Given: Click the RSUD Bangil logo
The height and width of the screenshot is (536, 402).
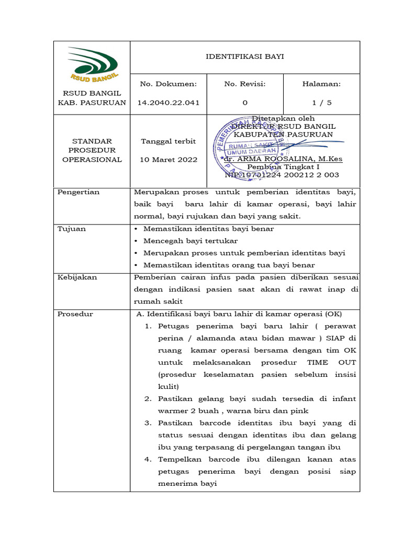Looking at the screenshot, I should [92, 64].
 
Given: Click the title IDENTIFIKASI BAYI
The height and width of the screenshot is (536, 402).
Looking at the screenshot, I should [244, 57].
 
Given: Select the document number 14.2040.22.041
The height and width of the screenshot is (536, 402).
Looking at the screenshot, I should [168, 103].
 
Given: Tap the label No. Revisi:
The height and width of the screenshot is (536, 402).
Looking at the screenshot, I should [244, 84].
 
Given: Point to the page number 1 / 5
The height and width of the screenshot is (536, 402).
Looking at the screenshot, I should [321, 103].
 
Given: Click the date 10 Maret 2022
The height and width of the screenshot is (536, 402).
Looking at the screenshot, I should [168, 160].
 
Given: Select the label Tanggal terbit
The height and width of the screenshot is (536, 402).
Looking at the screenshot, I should [168, 141].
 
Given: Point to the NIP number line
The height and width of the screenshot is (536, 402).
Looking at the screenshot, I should [282, 175].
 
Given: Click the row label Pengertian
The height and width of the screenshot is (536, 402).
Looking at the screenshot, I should [79, 192].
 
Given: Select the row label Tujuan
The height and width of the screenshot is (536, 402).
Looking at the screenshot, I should [72, 229].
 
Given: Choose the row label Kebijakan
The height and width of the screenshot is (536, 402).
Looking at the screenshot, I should [77, 277].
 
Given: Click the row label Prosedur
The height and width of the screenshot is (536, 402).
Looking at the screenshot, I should [75, 314].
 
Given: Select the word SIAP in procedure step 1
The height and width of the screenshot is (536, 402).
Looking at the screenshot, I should [340, 338].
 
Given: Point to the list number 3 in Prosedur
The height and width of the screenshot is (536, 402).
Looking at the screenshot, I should [148, 423].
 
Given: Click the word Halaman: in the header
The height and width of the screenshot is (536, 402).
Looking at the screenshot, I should [321, 84].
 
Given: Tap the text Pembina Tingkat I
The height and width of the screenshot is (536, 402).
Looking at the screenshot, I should [282, 167].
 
